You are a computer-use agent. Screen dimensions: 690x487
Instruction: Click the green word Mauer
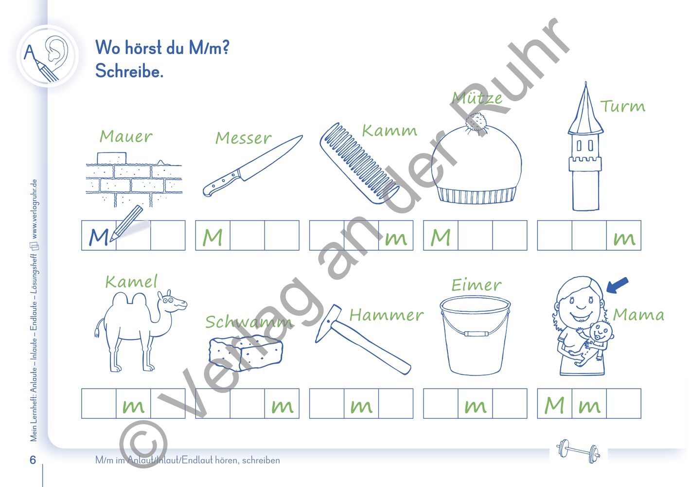tap(126, 136)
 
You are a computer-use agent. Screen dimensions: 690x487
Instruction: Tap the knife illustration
tap(252, 166)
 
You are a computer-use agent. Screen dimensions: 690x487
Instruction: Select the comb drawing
tap(359, 163)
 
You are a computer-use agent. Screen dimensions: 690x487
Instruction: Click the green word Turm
tap(622, 106)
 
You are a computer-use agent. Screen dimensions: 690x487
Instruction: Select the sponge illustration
tap(246, 352)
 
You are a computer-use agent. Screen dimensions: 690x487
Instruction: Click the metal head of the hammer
tap(328, 323)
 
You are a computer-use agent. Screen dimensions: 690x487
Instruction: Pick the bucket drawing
tap(475, 335)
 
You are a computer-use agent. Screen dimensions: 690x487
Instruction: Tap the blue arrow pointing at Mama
tap(617, 285)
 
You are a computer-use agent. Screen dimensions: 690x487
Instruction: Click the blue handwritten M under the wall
tap(99, 237)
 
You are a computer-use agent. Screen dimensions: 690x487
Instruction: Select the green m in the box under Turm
tap(624, 239)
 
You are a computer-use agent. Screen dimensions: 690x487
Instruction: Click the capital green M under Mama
tap(554, 405)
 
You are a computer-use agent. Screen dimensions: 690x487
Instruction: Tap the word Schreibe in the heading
tap(129, 71)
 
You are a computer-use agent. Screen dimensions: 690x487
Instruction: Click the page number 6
tap(33, 460)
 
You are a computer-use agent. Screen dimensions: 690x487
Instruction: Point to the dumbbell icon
tap(578, 451)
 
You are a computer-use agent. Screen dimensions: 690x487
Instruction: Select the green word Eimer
tap(476, 285)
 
